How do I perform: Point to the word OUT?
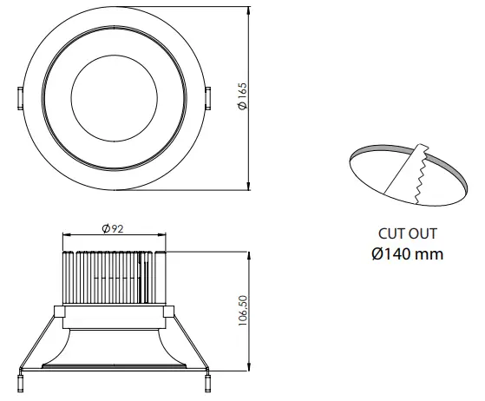pos(423,233)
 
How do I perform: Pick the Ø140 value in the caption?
pos(393,254)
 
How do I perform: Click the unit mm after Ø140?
pos(429,254)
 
